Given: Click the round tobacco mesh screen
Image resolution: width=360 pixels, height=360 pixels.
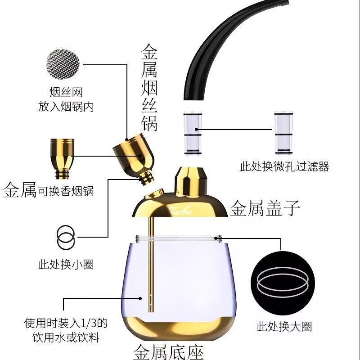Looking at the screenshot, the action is pyautogui.click(x=63, y=64).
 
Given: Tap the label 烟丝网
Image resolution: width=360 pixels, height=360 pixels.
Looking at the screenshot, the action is pyautogui.click(x=66, y=92).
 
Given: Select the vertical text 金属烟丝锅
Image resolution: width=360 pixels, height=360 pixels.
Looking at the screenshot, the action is pyautogui.click(x=149, y=88).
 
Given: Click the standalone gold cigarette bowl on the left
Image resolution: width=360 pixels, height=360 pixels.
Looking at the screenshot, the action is pyautogui.click(x=62, y=159).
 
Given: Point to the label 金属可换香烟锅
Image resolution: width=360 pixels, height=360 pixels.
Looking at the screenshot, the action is pyautogui.click(x=48, y=190).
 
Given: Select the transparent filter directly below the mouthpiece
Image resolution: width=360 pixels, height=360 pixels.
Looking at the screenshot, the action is pyautogui.click(x=193, y=133).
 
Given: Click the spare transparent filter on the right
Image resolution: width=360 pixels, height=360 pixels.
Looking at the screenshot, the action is pyautogui.click(x=284, y=133).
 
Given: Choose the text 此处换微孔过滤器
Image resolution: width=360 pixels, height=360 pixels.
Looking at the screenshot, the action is pyautogui.click(x=285, y=166).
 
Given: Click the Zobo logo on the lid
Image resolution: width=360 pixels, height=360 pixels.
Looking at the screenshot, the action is pyautogui.click(x=181, y=211).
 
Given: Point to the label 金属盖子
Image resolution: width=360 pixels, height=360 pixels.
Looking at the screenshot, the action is pyautogui.click(x=265, y=208).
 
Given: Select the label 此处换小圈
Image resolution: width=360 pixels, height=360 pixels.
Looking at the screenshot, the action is pyautogui.click(x=66, y=264).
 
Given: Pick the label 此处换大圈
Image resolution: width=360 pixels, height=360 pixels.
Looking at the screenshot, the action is pyautogui.click(x=284, y=326).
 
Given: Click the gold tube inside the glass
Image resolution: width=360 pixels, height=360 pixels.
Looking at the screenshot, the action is pyautogui.click(x=151, y=264).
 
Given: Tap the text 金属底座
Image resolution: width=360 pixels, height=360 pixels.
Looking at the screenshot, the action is pyautogui.click(x=168, y=352).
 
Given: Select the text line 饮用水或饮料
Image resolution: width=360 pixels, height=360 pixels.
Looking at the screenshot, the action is pyautogui.click(x=66, y=337).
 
